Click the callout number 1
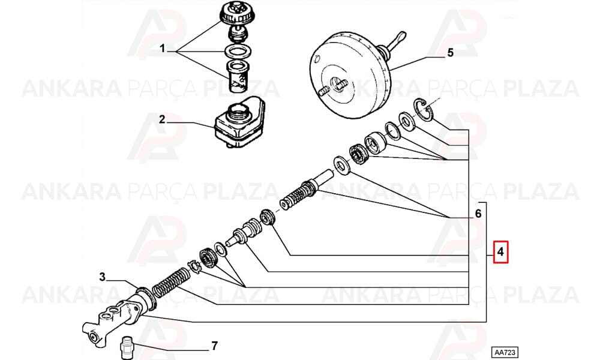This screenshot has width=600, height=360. [x=162, y=49]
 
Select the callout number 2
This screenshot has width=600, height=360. [x=162, y=119]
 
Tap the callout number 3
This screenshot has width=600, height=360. [x=102, y=277]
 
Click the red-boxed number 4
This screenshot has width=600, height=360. [x=500, y=252]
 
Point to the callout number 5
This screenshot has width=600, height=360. [x=450, y=53]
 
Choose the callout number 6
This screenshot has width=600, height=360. [x=478, y=213]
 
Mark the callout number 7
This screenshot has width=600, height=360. [x=214, y=346]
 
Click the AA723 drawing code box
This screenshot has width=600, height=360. [x=505, y=352]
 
